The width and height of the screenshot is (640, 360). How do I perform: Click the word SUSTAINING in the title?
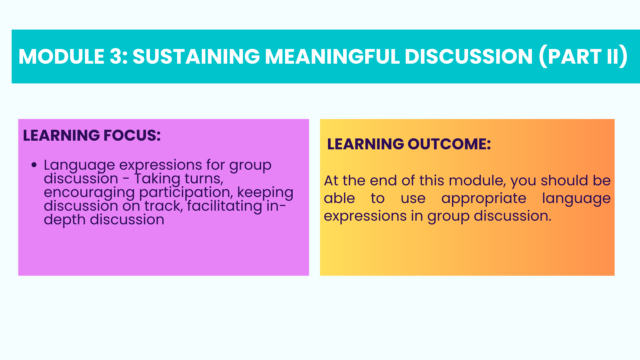pyautogui.click(x=196, y=56)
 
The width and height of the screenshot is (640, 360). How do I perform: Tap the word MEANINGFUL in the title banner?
pyautogui.click(x=332, y=56)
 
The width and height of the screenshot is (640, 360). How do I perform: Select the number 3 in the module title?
pyautogui.click(x=116, y=56)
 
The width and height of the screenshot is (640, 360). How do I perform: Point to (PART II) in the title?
pyautogui.click(x=583, y=57)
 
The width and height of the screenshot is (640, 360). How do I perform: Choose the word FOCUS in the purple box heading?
pyautogui.click(x=132, y=135)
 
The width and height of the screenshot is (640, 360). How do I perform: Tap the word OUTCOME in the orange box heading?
pyautogui.click(x=449, y=144)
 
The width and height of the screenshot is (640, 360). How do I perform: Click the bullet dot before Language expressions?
pyautogui.click(x=34, y=165)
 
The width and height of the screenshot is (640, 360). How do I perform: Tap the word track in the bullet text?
pyautogui.click(x=164, y=206)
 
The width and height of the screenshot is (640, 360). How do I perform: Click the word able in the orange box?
pyautogui.click(x=339, y=198)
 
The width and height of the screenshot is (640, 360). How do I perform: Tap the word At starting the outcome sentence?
pyautogui.click(x=331, y=181)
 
